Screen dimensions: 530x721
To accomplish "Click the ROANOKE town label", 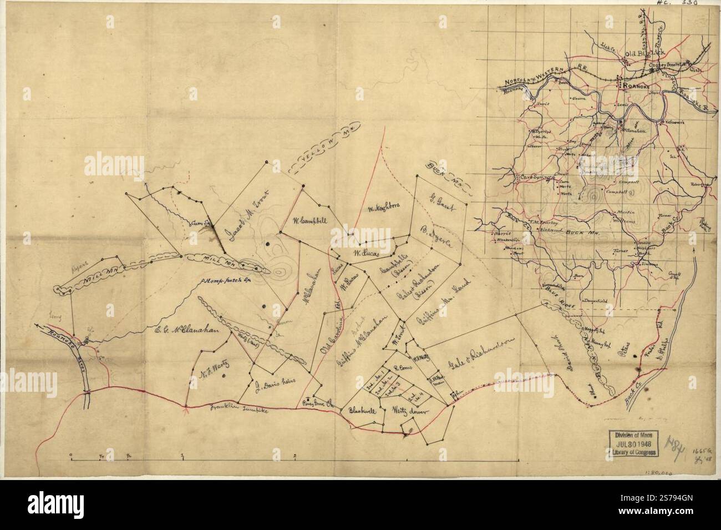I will click(632, 86).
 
